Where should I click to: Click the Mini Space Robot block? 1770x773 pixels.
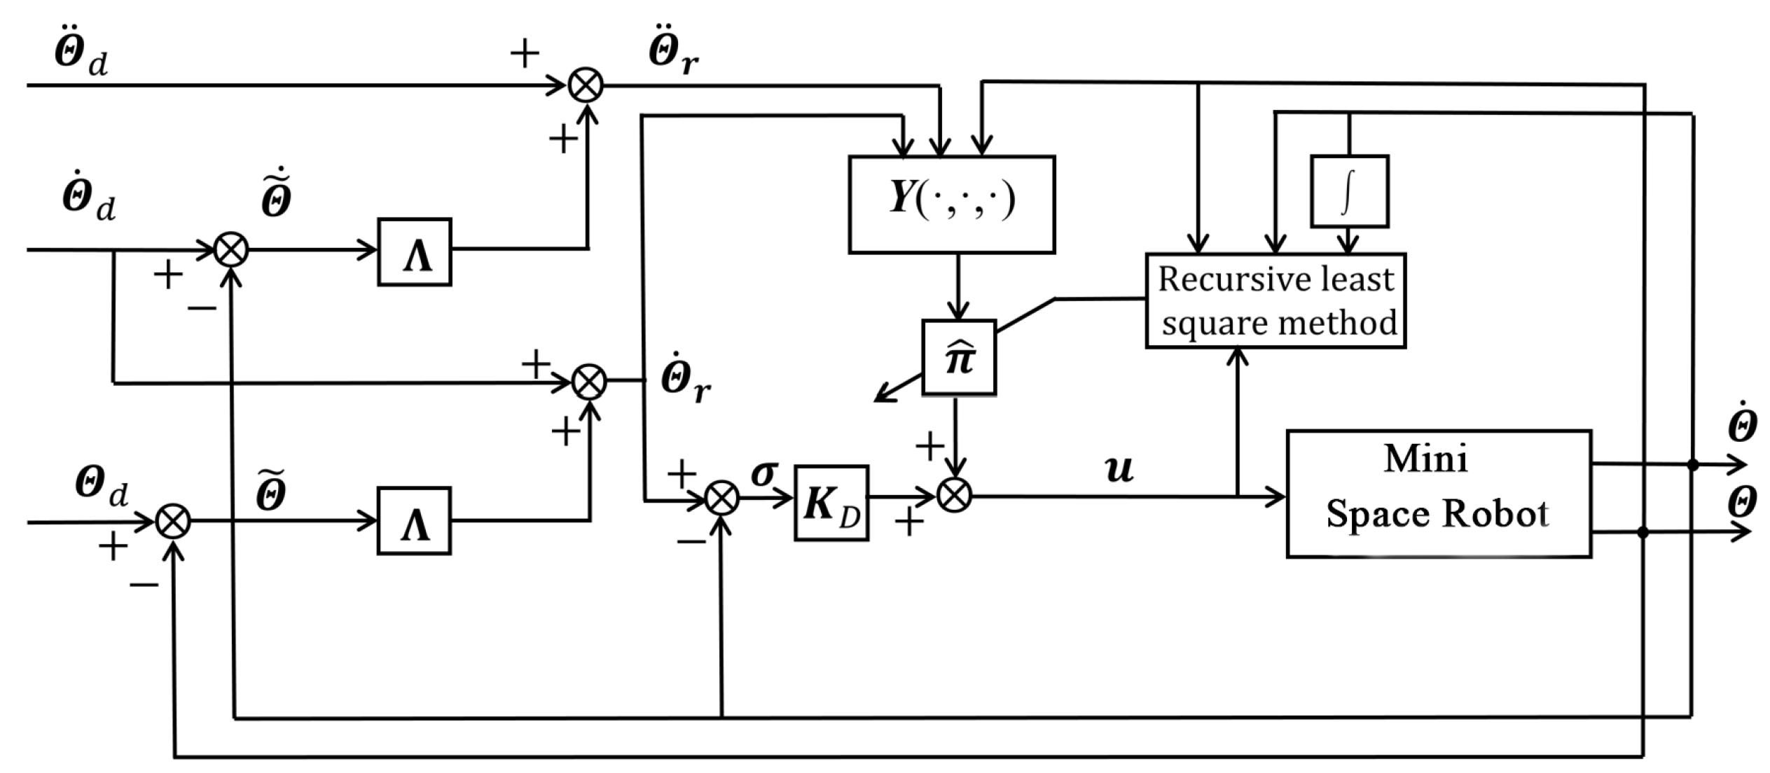point(1438,494)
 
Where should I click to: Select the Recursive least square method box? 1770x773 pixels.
point(1275,300)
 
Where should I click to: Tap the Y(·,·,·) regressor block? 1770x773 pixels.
point(951,204)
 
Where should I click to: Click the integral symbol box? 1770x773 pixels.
point(1349,191)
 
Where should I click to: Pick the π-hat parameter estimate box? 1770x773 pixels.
point(959,358)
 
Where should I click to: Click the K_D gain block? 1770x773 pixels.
point(831,503)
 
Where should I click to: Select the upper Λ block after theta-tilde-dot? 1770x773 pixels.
point(415,251)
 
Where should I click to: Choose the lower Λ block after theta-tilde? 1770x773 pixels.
point(414,521)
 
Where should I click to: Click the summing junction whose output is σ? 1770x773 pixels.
point(721,499)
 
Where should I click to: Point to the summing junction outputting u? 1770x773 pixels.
point(954,496)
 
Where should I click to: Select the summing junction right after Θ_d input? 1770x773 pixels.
point(172,521)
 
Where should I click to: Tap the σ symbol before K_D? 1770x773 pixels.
point(763,473)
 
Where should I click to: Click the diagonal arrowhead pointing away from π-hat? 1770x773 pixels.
point(880,398)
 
